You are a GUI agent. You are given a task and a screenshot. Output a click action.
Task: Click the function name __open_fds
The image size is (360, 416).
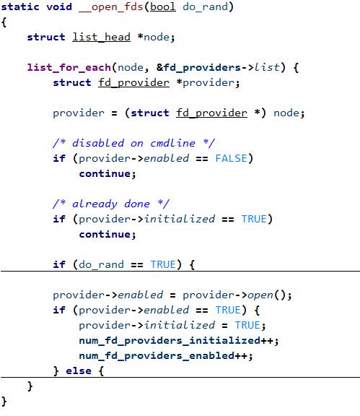111,7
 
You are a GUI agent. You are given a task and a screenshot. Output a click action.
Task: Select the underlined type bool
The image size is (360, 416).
163,6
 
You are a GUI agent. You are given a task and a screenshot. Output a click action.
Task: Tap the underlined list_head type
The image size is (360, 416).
101,37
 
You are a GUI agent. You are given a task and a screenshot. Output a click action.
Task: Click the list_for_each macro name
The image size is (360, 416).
69,67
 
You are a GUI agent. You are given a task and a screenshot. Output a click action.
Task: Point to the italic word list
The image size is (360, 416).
267,67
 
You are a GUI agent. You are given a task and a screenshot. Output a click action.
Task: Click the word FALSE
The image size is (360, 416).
231,158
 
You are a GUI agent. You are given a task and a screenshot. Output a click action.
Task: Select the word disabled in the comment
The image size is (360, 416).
98,143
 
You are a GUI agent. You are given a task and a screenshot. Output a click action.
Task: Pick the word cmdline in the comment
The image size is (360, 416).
172,143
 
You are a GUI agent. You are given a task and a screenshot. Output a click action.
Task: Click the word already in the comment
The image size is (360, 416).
95,204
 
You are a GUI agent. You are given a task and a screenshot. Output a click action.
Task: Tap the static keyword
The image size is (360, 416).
20,6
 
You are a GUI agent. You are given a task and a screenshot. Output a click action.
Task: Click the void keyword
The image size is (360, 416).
59,6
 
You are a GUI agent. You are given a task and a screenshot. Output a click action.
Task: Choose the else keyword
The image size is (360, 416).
79,370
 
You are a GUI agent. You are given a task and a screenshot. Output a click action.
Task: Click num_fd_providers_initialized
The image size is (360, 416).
170,341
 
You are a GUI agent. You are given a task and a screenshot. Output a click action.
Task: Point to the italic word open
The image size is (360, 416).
260,295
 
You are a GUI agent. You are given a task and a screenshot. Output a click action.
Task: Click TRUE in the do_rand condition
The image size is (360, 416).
163,264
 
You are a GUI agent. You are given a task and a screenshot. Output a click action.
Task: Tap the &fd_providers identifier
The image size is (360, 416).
198,67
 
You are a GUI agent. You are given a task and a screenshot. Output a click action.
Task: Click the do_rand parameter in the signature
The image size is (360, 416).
205,7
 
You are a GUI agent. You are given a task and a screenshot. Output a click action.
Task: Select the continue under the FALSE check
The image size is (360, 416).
105,174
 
